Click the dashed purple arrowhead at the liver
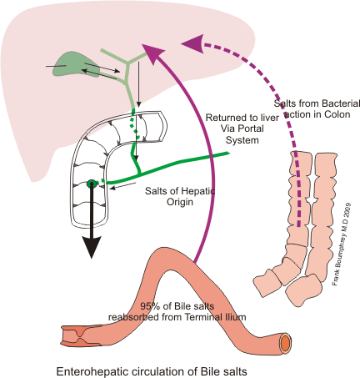tap(192, 39)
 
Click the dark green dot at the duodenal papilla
tap(92, 184)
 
